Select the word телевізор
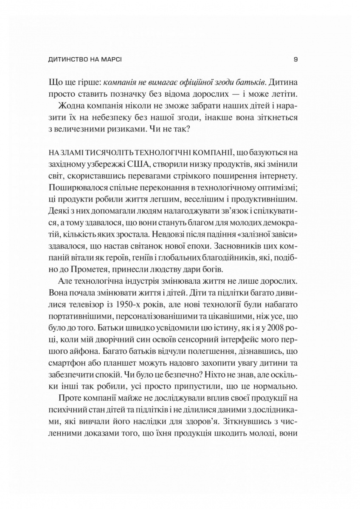click(81, 303)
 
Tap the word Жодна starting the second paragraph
click(82, 103)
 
